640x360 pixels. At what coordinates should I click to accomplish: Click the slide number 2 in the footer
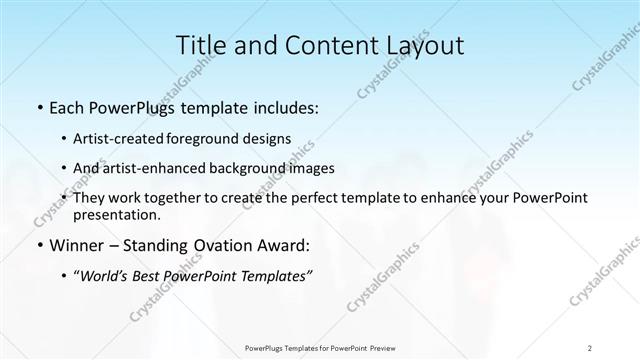click(x=590, y=347)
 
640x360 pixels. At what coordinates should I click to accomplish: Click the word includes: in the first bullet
click(x=284, y=107)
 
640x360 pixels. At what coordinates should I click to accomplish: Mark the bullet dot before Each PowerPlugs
click(x=39, y=107)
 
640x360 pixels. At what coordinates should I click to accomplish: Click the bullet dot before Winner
click(x=39, y=244)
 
